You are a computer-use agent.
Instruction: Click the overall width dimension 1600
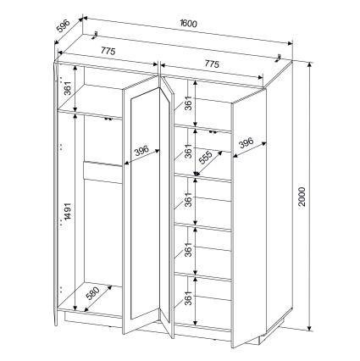(188, 24)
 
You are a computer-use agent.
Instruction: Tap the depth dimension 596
(63, 26)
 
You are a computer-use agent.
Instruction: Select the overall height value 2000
(302, 197)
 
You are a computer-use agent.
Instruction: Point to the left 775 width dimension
(108, 51)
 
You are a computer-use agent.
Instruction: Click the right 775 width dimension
(212, 64)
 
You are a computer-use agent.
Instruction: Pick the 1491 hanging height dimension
(67, 211)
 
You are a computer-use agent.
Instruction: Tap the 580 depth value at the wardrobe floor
(93, 293)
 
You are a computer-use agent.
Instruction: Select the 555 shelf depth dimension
(206, 158)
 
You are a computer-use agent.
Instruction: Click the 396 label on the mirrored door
(141, 151)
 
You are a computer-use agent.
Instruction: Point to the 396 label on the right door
(246, 143)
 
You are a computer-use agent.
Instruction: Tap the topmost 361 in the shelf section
(188, 103)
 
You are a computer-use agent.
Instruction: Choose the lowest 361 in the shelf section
(188, 298)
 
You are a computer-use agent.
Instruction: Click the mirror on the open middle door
(145, 203)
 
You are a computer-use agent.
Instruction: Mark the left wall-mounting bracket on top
(95, 36)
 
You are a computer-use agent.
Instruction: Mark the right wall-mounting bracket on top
(279, 58)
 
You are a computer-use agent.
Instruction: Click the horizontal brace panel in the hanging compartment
(102, 172)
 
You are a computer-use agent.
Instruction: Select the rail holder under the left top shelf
(108, 119)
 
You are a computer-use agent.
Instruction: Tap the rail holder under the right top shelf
(213, 131)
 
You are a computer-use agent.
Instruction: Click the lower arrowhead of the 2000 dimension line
(310, 328)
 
